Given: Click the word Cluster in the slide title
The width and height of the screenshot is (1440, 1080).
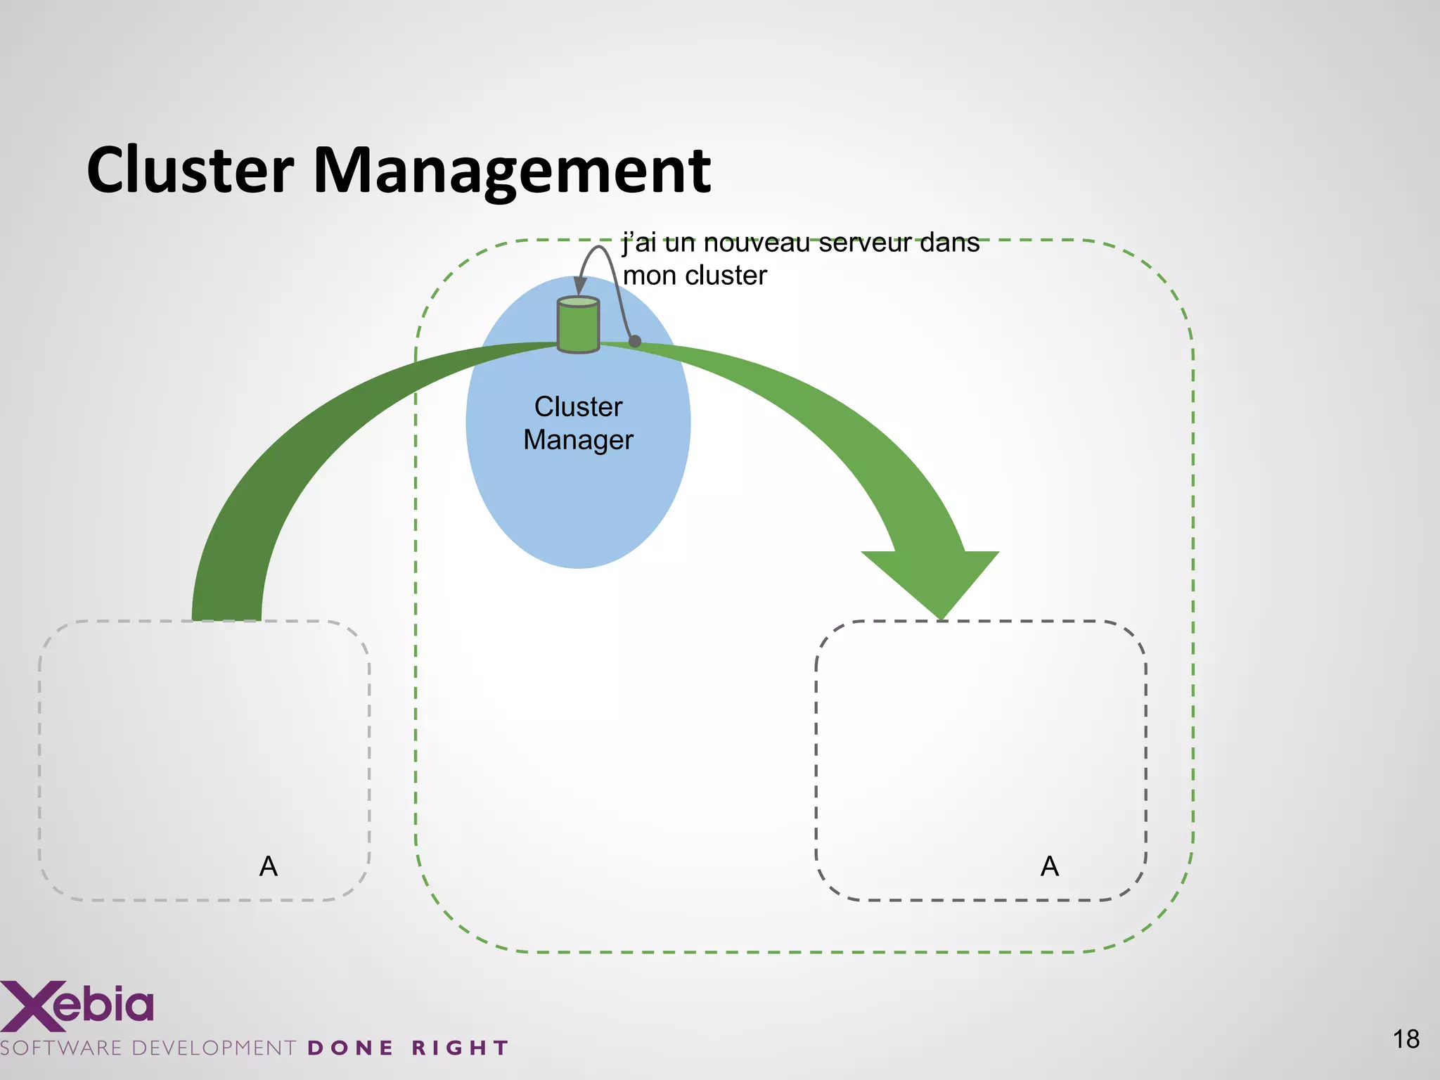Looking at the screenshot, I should [x=190, y=170].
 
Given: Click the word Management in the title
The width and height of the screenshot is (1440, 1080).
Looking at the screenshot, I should [x=511, y=170].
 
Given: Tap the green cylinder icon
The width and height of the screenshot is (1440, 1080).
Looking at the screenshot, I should [x=578, y=324].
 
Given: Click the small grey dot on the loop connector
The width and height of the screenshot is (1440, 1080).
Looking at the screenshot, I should [x=635, y=341].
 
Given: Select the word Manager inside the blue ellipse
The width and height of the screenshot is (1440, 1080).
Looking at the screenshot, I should [x=578, y=440].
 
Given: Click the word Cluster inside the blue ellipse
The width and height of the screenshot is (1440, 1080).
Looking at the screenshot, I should [x=578, y=406].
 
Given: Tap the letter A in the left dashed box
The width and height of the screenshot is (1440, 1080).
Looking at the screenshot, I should [x=269, y=866].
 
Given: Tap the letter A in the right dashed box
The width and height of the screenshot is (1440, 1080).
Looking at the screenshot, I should [x=1050, y=866].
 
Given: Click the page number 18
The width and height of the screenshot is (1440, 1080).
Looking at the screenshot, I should [x=1406, y=1039].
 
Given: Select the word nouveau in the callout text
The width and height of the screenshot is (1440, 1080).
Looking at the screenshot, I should [x=757, y=243].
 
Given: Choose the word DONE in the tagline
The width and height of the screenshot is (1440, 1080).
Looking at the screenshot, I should [x=350, y=1048].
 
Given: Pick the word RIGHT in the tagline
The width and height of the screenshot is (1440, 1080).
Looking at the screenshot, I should [x=460, y=1048].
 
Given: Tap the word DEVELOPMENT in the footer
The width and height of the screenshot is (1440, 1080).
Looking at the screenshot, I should [x=214, y=1048].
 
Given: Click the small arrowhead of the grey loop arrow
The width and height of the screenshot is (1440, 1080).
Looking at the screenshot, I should [x=579, y=286].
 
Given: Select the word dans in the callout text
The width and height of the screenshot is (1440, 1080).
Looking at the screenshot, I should [x=949, y=243].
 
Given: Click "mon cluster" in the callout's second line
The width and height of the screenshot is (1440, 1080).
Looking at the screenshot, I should [x=695, y=276].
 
